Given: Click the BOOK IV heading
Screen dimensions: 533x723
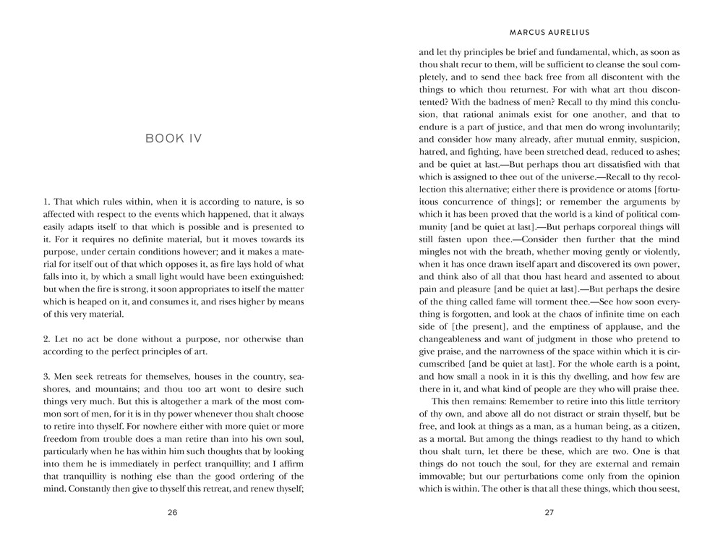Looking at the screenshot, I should (x=174, y=138).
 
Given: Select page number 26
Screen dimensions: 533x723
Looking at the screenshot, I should (x=173, y=512).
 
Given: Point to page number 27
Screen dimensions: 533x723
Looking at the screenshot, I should (x=549, y=512).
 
